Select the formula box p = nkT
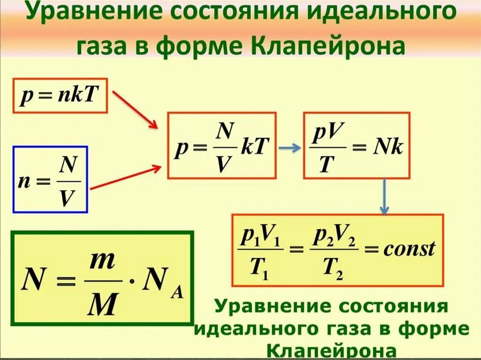coord(60,95)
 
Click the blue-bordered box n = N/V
coord(50,180)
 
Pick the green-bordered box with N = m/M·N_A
coord(102,278)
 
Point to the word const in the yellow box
coord(409,249)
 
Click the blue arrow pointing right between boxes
coord(289,147)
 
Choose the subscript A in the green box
coord(178,295)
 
